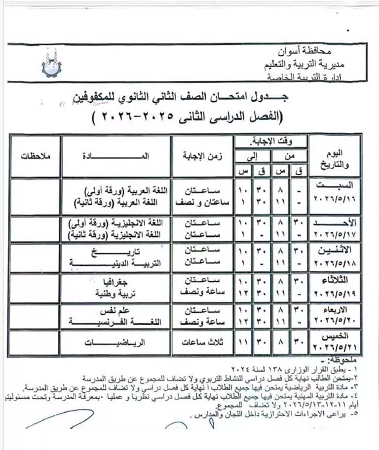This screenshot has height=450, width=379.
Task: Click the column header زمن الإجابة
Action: tap(203, 155)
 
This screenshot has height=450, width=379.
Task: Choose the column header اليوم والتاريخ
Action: tap(336, 155)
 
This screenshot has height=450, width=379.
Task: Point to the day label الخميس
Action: tap(336, 336)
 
